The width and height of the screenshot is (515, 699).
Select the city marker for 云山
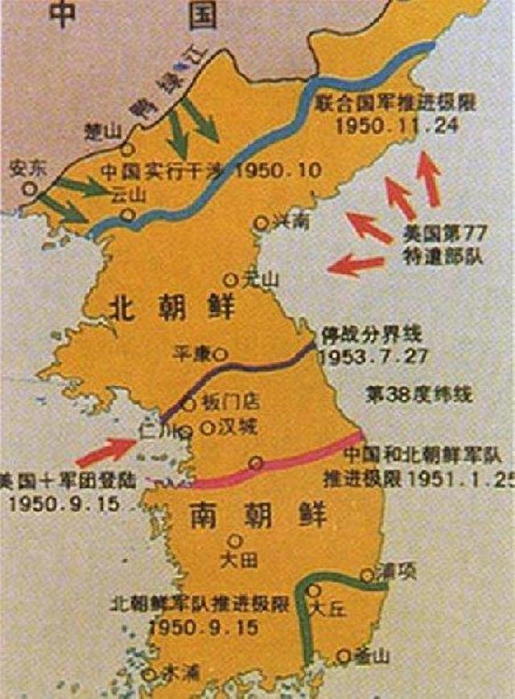pos(128,214)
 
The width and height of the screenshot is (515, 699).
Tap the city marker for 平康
pos(220,353)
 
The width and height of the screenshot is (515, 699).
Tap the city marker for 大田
pos(234,541)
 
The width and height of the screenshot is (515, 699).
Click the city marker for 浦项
pos(366,574)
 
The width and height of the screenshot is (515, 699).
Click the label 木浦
pos(179,670)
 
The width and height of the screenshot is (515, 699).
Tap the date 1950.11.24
pos(389,127)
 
